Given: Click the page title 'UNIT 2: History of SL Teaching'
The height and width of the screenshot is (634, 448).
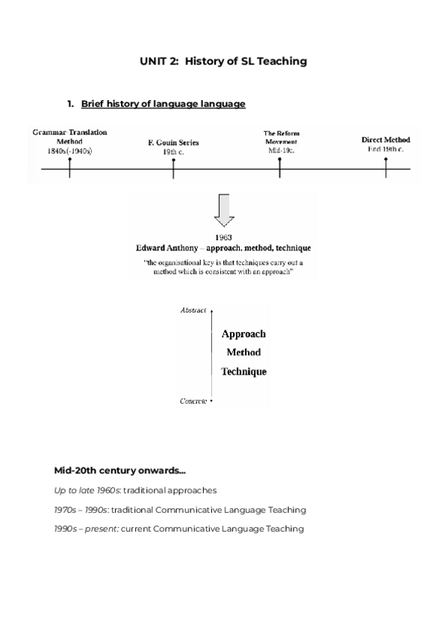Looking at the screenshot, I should (x=223, y=62).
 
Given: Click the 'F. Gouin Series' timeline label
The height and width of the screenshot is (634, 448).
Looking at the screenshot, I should (x=173, y=142).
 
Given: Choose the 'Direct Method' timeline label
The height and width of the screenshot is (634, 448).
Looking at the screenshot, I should (x=385, y=140).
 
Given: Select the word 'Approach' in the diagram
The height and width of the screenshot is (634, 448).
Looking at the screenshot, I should (x=243, y=334).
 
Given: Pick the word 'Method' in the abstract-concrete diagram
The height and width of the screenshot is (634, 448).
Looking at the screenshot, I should (x=243, y=352).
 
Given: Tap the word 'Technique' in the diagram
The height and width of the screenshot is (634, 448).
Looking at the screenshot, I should (x=243, y=372).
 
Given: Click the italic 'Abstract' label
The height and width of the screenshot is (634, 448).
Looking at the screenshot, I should (x=193, y=310).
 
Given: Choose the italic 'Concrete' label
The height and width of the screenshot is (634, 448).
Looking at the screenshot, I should (x=193, y=401).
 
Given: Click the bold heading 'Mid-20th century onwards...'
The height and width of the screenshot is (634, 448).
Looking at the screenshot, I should (x=119, y=471).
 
